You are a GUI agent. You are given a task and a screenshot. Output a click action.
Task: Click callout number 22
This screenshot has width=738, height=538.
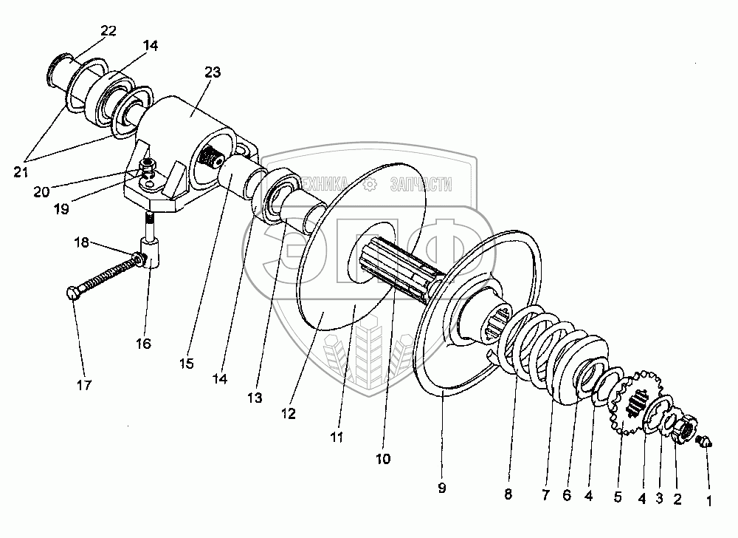108,30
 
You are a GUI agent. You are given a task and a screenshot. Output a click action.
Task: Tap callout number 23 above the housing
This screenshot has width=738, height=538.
213,72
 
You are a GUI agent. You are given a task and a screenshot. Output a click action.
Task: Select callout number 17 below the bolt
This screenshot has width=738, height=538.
85,385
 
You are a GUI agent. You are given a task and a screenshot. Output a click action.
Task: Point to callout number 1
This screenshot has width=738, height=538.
710,500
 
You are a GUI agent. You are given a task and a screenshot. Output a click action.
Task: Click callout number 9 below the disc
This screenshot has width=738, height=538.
442,488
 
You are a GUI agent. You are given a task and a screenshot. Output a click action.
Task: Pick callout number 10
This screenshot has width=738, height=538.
383,459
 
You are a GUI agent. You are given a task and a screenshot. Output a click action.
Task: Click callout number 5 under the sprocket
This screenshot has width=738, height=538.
618,497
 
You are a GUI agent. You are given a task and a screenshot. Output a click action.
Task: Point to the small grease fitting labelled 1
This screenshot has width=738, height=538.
705,443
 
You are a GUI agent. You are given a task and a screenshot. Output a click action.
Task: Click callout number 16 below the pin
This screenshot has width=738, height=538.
142,344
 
